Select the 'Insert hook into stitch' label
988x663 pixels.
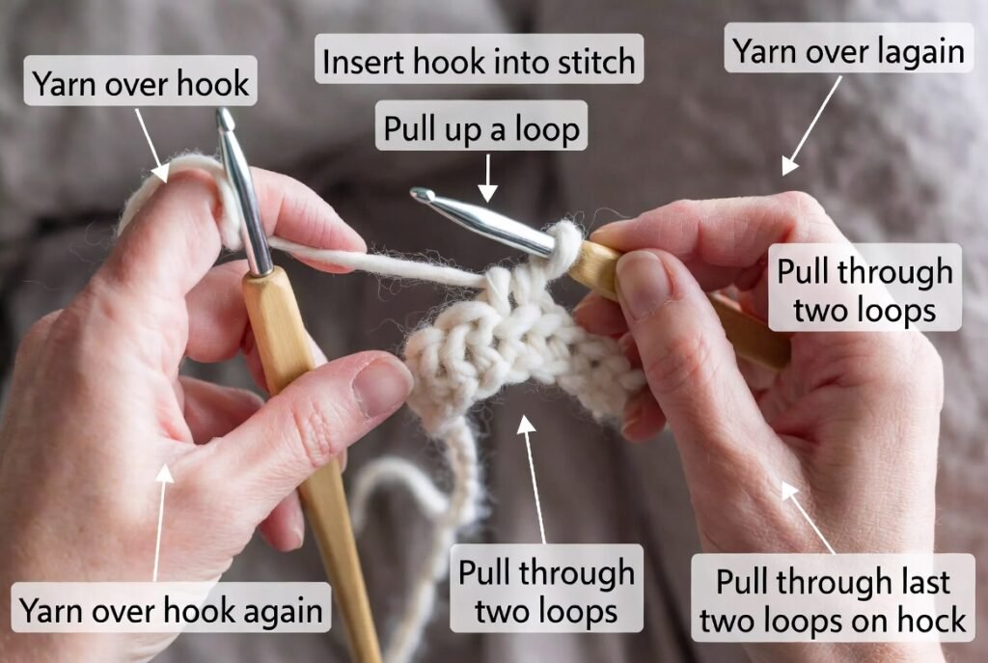479,62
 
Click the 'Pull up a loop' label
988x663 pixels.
481,128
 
